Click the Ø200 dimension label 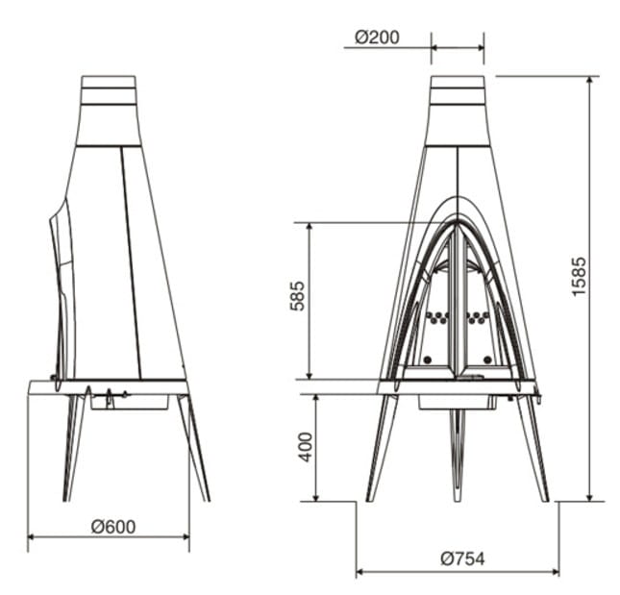[x=377, y=37]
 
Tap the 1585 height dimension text [x=579, y=276]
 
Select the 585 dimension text [x=297, y=296]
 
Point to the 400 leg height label [x=306, y=447]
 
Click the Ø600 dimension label [x=113, y=527]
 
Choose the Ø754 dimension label [x=462, y=558]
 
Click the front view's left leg [x=382, y=448]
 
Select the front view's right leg [x=533, y=448]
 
